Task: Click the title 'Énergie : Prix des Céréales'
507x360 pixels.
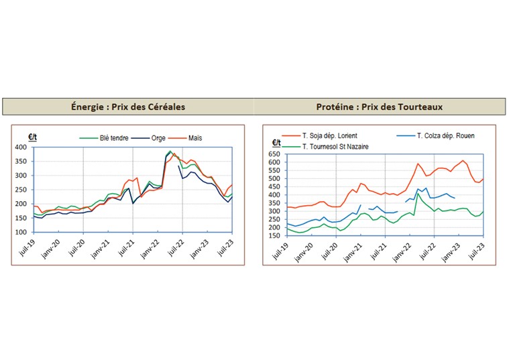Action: [x=128, y=107]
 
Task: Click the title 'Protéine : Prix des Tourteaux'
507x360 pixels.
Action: [x=379, y=107]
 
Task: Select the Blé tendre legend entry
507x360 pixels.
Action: [x=113, y=138]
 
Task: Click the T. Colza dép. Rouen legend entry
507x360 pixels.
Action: [x=445, y=136]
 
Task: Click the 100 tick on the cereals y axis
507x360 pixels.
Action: [x=21, y=232]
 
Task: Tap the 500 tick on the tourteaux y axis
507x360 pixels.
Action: [x=274, y=178]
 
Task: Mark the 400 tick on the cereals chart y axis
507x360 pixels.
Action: [x=21, y=147]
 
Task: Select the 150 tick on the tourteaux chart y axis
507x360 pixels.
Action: [x=274, y=235]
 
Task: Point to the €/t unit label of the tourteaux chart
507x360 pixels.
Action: [x=276, y=143]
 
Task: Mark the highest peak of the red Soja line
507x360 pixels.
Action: [x=463, y=161]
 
